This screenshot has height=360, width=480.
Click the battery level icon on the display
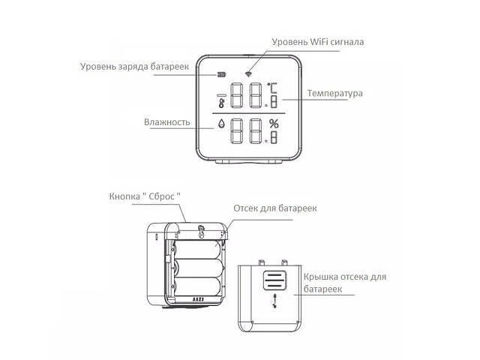click(x=221, y=75)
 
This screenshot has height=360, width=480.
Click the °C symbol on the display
click(x=274, y=89)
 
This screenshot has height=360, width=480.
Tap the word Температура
click(x=334, y=94)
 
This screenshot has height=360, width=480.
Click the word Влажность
click(x=167, y=121)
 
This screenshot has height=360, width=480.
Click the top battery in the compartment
click(x=199, y=248)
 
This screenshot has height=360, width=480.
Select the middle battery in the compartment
click(x=199, y=267)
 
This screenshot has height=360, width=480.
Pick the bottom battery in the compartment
click(x=199, y=286)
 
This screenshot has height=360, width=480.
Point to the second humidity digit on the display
click(x=256, y=132)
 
